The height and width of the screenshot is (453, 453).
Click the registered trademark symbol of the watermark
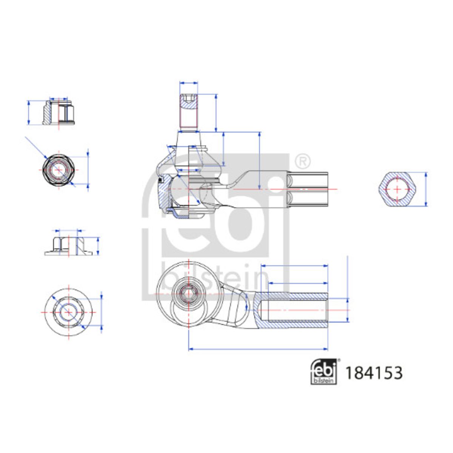(x=302, y=161)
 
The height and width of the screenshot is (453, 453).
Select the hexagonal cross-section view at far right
(x=397, y=189)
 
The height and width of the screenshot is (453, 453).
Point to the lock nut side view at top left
(x=59, y=112)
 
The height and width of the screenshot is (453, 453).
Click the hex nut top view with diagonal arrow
(x=59, y=170)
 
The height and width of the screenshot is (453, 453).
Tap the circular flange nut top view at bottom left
(x=68, y=313)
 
